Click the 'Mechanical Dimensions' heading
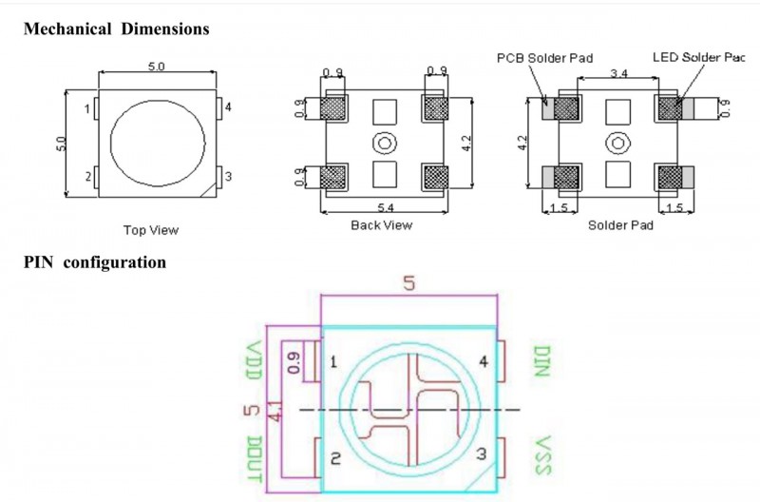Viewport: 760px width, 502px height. (x=116, y=29)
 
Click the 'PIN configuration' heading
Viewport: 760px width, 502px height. (x=95, y=262)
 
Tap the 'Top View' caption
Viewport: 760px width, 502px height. (x=151, y=230)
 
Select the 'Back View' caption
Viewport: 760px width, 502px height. (x=382, y=225)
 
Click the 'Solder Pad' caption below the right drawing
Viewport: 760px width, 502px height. (x=620, y=225)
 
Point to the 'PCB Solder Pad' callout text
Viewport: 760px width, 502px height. (x=544, y=58)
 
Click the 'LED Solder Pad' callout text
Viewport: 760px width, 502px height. (x=698, y=57)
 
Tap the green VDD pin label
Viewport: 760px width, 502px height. (x=254, y=360)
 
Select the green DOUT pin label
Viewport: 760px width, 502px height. (x=254, y=459)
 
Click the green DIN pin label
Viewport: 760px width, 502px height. (x=542, y=361)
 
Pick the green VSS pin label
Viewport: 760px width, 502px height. (x=542, y=455)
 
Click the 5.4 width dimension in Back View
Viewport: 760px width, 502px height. (x=386, y=207)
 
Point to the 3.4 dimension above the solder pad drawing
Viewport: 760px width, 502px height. (x=619, y=73)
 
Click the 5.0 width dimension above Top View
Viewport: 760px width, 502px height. (x=156, y=67)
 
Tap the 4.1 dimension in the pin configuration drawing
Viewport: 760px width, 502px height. (x=275, y=411)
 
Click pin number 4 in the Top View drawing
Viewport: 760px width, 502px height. (x=228, y=107)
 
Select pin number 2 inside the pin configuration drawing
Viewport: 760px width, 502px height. (x=335, y=458)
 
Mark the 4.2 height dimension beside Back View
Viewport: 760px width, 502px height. (x=466, y=143)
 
